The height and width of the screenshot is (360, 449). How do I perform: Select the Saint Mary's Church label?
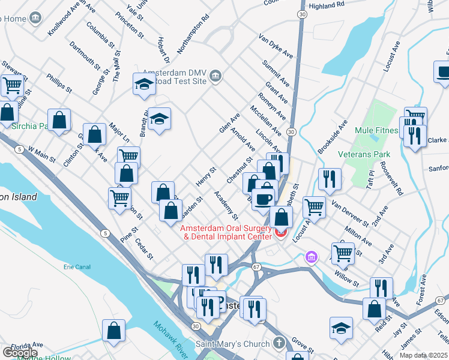(234, 344)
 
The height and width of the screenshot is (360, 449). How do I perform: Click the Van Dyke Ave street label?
(276, 46)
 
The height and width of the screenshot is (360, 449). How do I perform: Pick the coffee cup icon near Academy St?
(262, 199)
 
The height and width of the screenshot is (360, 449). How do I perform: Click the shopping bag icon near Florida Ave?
(113, 331)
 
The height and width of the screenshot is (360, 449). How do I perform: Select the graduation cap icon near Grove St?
(341, 328)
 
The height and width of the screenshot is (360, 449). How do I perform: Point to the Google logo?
(21, 353)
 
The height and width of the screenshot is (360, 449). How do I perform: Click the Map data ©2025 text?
(423, 355)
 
